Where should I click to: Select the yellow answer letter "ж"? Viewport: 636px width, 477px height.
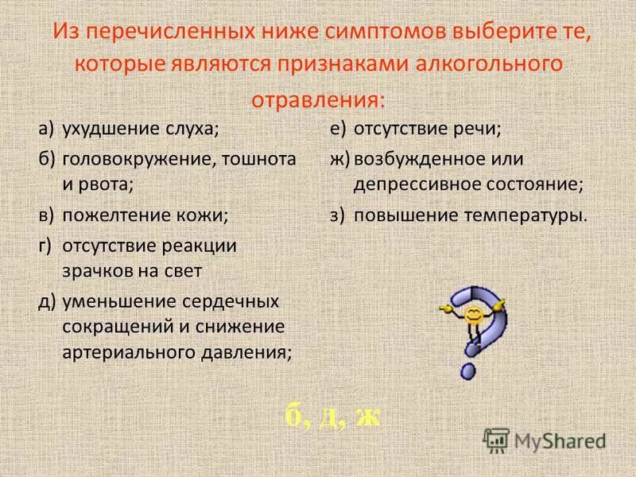click(366, 416)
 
